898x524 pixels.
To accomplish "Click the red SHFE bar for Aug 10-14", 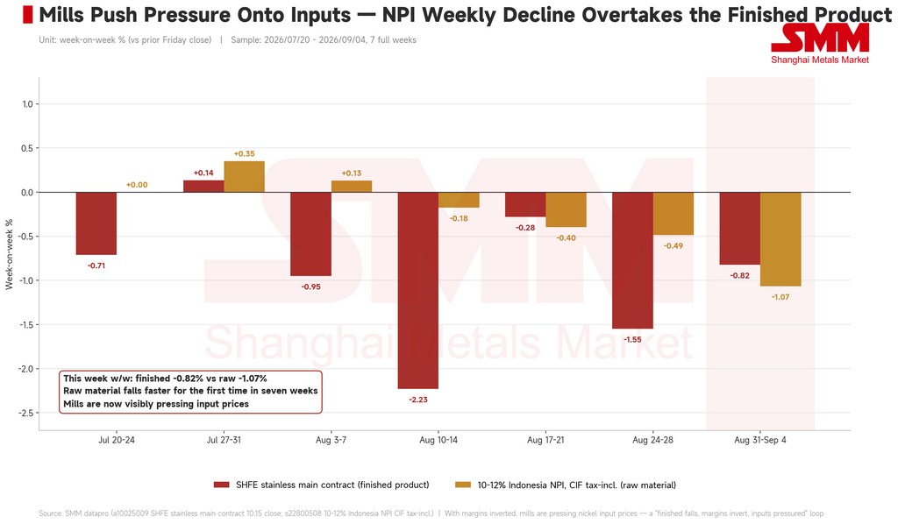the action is (418, 291).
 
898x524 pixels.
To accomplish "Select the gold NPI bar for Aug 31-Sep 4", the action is (780, 239).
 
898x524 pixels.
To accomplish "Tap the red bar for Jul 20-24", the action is (96, 223).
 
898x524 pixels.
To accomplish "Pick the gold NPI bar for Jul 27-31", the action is (244, 177).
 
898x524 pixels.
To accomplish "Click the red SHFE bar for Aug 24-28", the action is (633, 260).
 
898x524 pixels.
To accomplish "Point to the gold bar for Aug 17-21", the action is (566, 210).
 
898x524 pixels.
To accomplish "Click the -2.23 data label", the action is (418, 400).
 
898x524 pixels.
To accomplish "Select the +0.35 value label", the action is (244, 154).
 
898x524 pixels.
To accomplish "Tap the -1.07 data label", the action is (780, 297).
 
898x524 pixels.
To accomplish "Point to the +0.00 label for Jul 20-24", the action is (137, 185).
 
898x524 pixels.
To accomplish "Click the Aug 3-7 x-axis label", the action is (331, 440).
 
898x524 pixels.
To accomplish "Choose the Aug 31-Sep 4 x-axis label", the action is (760, 440).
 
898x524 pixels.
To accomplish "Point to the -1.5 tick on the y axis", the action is (27, 325).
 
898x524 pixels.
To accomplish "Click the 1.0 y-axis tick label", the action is (27, 104).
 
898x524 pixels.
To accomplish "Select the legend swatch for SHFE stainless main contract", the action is (222, 485).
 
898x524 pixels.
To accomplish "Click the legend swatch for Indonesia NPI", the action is (463, 485).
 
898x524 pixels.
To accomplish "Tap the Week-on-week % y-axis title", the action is (9, 254).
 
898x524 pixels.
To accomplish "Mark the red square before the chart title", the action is (27, 15).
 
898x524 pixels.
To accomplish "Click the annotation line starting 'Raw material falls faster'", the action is (190, 392).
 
